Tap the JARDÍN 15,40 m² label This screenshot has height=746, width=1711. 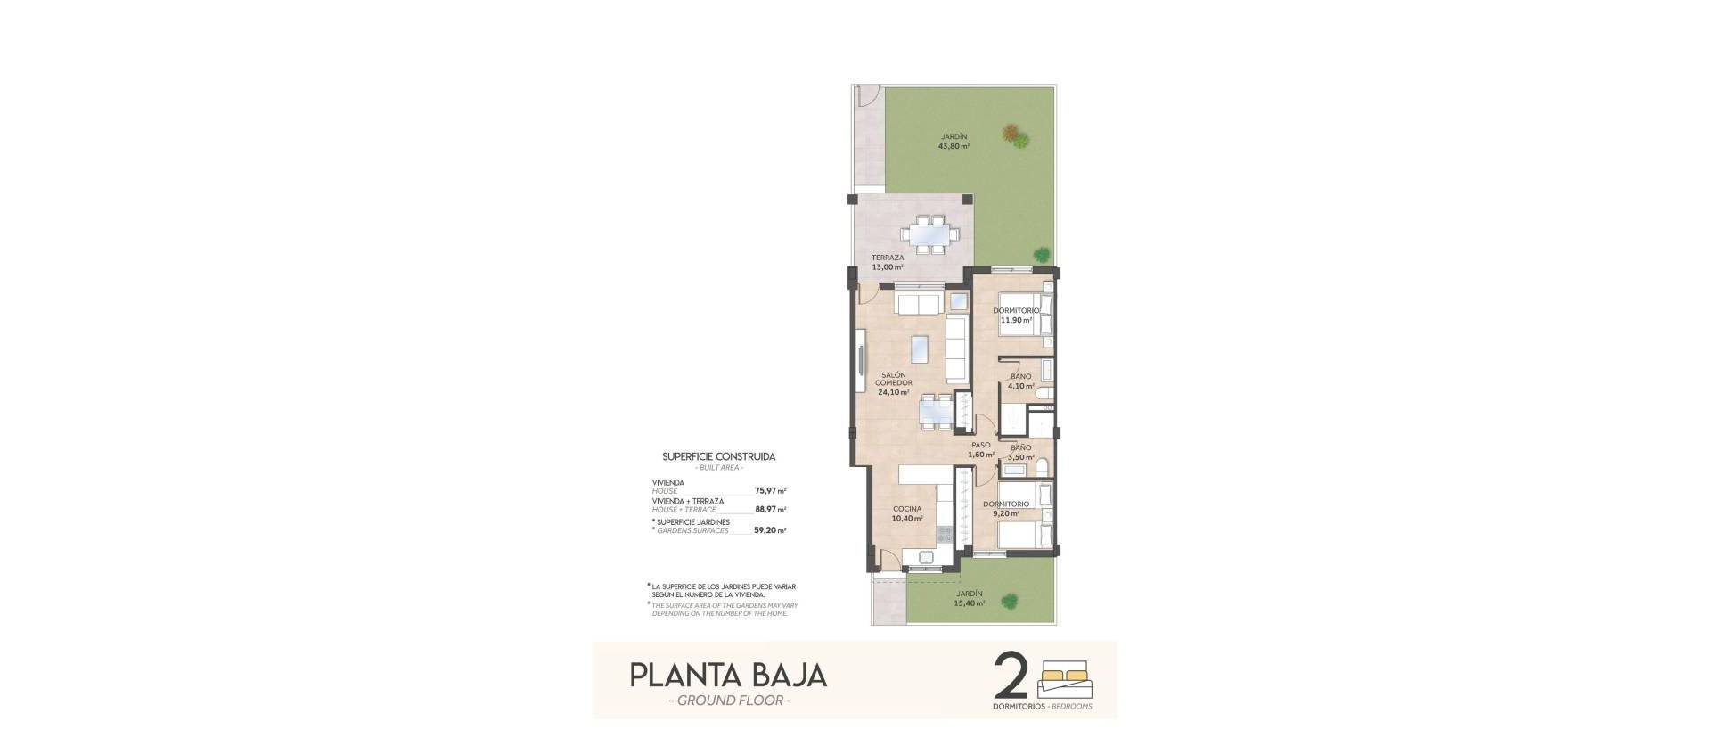pos(970,598)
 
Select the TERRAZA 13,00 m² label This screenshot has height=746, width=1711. pos(888,262)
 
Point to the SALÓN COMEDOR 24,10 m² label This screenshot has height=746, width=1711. pos(893,383)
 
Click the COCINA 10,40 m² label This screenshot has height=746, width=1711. pos(907,513)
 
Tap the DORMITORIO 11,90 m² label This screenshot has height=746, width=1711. pos(1016,315)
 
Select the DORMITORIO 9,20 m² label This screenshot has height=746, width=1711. pos(1006,508)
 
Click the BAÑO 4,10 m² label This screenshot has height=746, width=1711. pos(1020,381)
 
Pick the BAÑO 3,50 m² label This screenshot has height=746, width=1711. pos(1020,452)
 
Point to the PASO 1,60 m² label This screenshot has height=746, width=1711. pos(981,449)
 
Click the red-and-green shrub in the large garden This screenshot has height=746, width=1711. pos(1015,136)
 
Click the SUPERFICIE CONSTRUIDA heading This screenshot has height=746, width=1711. pos(718,456)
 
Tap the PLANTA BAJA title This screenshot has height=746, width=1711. pos(728,675)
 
